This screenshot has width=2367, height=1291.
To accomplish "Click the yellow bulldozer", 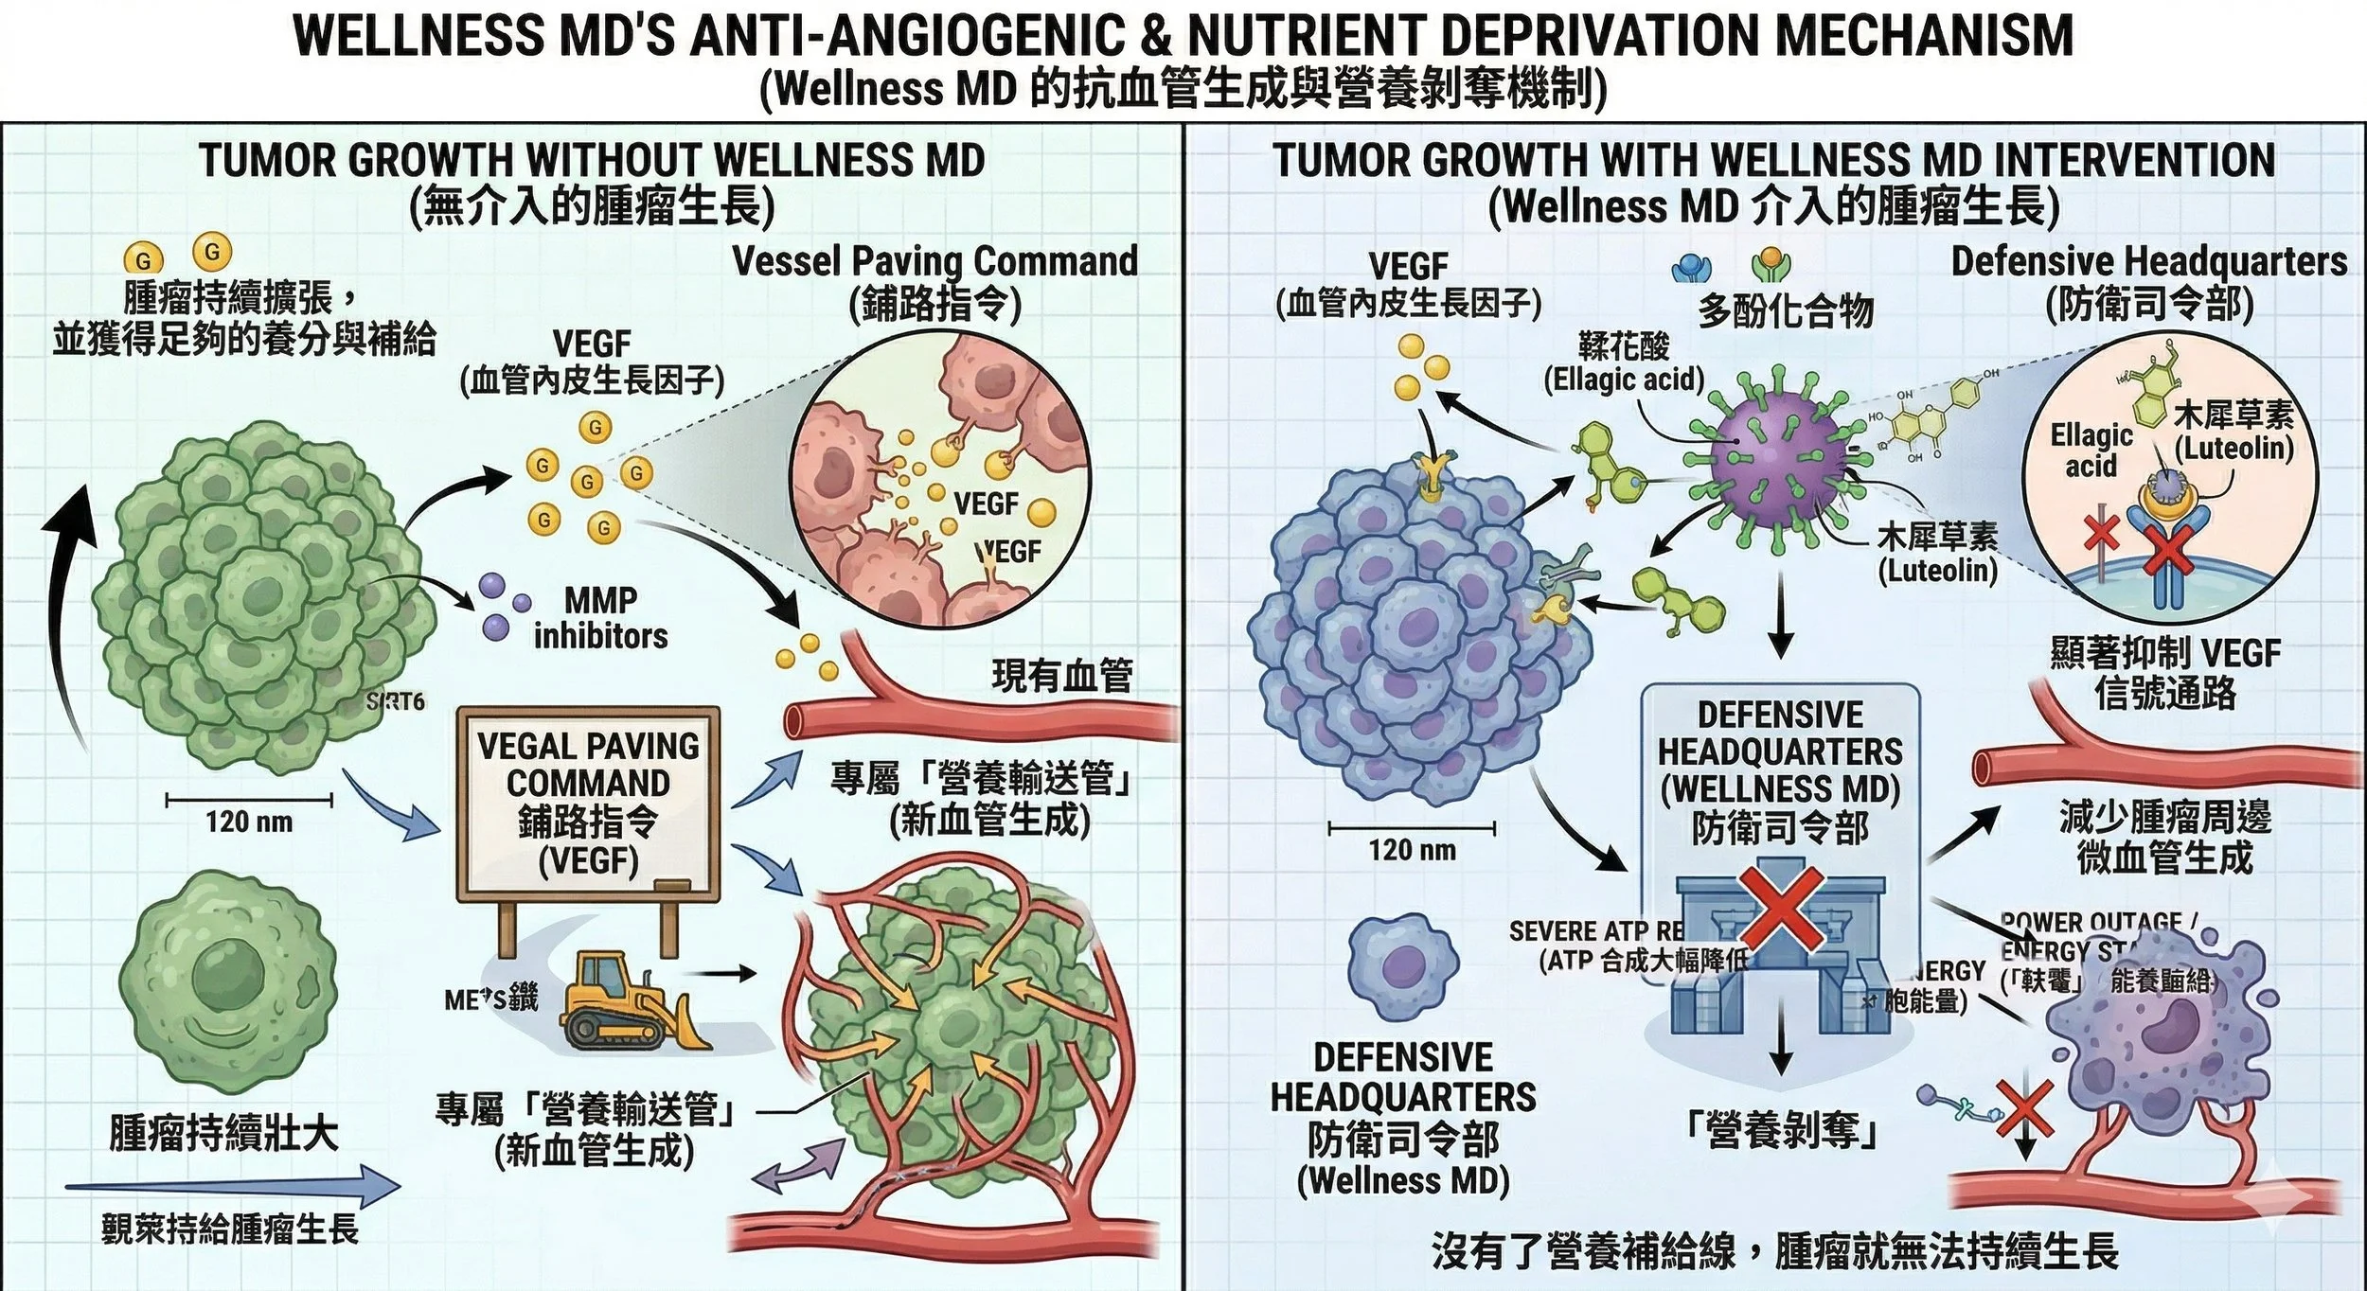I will (632, 1003).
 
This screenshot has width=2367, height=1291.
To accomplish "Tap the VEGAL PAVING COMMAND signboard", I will (588, 803).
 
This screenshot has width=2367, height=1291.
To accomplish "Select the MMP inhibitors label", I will (600, 618).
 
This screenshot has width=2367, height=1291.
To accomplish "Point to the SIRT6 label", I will (396, 701).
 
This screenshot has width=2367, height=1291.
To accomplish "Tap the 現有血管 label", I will (1061, 676).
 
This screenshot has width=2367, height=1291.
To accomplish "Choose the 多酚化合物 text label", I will (1786, 309).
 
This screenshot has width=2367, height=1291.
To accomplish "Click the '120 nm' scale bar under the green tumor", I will (249, 801).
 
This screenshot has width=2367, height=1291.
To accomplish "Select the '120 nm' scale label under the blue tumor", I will (1412, 850).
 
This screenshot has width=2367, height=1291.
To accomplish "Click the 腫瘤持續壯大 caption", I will (223, 1133).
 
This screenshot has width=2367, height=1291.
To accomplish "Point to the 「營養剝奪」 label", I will (1782, 1129).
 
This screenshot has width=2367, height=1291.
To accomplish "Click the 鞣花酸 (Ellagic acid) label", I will (1624, 363).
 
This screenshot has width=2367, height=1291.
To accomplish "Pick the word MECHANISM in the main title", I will (1924, 36).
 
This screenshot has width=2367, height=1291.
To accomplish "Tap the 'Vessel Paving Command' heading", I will (934, 261).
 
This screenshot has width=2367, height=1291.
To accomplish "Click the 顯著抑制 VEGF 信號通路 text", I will (2165, 673).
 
